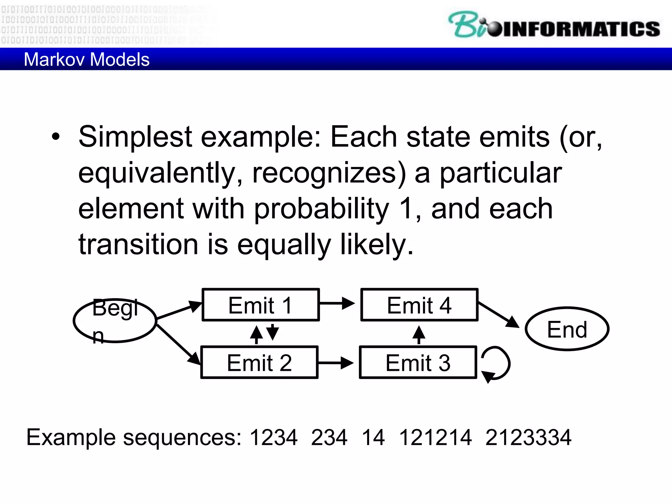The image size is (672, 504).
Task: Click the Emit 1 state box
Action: click(x=261, y=305)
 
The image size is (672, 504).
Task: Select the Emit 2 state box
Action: click(x=259, y=362)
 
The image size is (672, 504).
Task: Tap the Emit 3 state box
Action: click(x=418, y=362)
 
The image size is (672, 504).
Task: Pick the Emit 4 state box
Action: click(x=419, y=305)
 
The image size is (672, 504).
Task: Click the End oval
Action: click(x=567, y=329)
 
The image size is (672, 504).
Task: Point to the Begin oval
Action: click(x=115, y=321)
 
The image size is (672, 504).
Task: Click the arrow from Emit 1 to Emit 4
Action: click(x=337, y=303)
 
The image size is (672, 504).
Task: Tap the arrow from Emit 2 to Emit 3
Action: click(x=335, y=363)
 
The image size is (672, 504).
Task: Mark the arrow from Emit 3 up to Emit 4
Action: click(x=419, y=334)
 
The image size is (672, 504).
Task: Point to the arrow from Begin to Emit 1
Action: click(x=179, y=310)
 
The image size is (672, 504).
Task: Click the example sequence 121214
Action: click(x=435, y=437)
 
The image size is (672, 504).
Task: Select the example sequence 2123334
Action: click(x=528, y=437)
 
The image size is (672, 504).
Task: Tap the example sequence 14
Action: click(x=373, y=437)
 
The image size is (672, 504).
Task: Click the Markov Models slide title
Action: click(x=87, y=59)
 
